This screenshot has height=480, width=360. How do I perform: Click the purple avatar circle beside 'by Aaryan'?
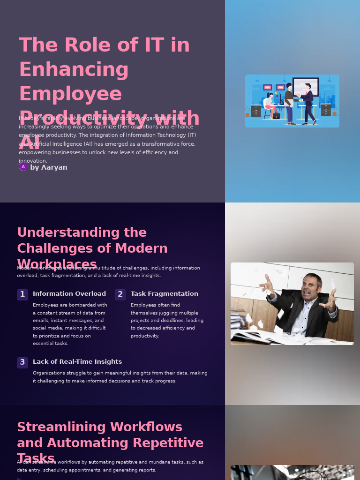tap(23, 166)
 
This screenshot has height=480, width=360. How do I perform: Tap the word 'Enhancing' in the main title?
tap(74, 69)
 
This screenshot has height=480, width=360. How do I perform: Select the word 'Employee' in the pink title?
tap(70, 94)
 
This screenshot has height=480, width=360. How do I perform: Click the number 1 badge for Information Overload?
tap(22, 294)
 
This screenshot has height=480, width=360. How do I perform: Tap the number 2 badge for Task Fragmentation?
tap(120, 294)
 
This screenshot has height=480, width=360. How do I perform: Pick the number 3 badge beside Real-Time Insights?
tap(22, 362)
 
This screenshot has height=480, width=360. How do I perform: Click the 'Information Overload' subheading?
tap(69, 294)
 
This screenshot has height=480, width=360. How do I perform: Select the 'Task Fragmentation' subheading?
tap(164, 294)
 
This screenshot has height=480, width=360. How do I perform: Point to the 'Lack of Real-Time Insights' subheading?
tap(77, 362)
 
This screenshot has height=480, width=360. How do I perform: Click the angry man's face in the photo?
tap(311, 287)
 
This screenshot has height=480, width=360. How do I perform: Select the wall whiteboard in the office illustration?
tap(306, 86)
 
